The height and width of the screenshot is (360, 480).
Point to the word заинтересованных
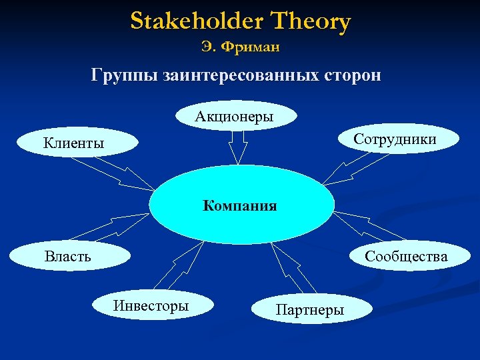[x=246, y=75]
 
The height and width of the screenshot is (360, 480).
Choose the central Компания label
[x=240, y=205]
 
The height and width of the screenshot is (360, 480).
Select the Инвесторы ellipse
[x=151, y=306]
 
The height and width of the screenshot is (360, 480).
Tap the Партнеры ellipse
[x=309, y=310]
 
